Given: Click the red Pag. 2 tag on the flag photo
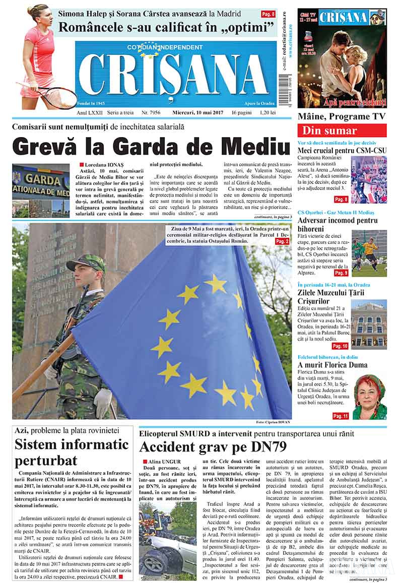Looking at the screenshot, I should [x=282, y=242].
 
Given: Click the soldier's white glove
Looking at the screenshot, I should [x=103, y=401].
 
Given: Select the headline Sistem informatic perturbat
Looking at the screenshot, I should [x=72, y=452].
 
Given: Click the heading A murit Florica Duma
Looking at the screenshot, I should [x=339, y=365].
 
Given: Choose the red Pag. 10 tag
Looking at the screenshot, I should [x=341, y=346].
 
